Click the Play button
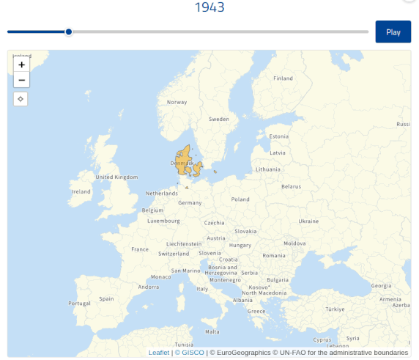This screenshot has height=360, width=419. tap(393, 32)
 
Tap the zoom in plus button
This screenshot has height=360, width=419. tap(21, 65)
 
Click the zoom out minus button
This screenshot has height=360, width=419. tap(21, 80)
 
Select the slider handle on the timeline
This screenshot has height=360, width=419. tap(68, 32)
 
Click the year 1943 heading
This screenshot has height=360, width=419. tap(209, 8)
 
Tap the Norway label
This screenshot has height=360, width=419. tap(177, 102)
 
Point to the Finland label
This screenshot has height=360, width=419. tap(283, 78)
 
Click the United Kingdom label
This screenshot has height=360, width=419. tap(116, 177)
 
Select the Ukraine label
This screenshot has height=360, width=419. tap(308, 221)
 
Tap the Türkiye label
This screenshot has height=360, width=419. tap(335, 309)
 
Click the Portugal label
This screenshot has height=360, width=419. tap(78, 303)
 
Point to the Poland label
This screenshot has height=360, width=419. tap(240, 199)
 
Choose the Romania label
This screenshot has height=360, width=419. tap(274, 255)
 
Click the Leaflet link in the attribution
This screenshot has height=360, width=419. tap(158, 353)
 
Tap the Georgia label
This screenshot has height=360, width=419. tap(382, 285)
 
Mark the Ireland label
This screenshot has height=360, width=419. tap(81, 191)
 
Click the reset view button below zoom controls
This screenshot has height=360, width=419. tap(21, 99)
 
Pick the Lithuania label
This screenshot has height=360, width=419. tap(268, 169)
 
